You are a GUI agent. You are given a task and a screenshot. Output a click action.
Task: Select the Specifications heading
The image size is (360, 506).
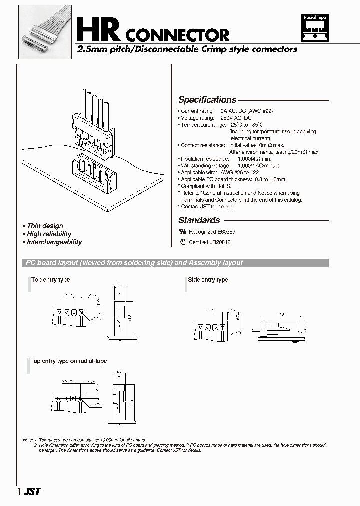207,100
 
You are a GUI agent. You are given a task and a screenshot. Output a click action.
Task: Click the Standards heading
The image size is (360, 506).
199,220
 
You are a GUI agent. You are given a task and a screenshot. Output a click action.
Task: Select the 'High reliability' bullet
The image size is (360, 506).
49,234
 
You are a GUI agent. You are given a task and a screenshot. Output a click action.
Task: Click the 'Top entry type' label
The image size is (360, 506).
50,280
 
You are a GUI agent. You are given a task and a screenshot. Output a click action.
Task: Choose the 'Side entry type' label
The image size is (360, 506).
208,280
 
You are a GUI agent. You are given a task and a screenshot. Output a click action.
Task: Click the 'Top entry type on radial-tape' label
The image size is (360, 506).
69,361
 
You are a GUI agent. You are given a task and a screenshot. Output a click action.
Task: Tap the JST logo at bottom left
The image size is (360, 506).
31,491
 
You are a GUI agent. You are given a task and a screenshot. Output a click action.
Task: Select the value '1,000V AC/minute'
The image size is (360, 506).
258,165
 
